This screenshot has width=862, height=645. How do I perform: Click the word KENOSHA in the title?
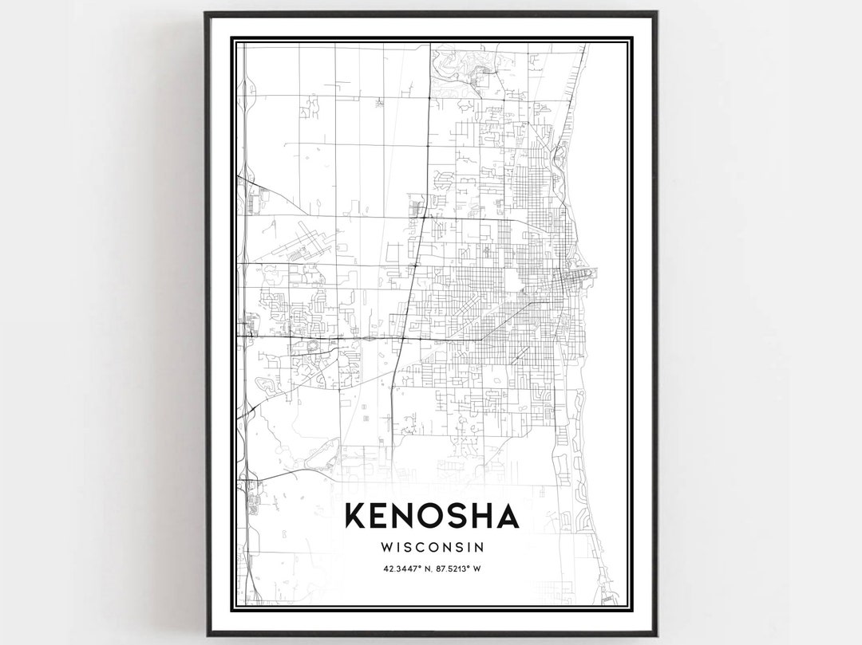[432, 517]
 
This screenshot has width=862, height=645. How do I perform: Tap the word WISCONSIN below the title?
[432, 548]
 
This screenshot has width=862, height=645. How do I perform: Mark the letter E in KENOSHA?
[379, 517]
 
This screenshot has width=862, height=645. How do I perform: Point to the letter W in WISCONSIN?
[388, 548]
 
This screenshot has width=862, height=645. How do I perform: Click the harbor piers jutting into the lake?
[589, 276]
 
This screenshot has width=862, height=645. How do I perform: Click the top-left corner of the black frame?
[206, 14]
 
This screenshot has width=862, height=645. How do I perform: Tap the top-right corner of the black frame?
[656, 14]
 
